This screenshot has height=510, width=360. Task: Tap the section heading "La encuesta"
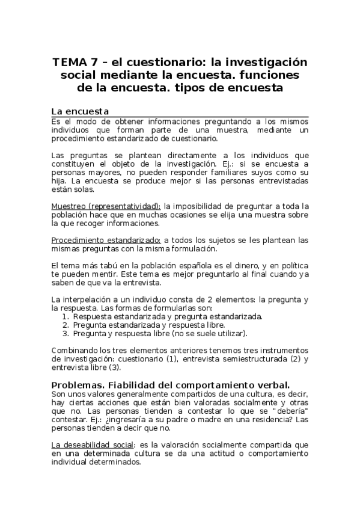[x=80, y=111]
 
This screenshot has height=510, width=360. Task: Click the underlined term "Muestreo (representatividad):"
[x=106, y=206]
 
